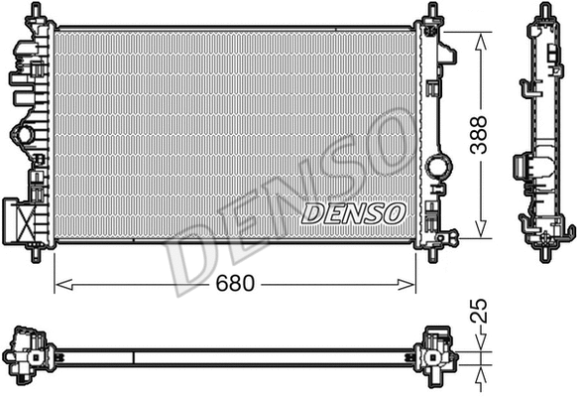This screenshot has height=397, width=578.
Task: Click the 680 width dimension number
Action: [x=233, y=284]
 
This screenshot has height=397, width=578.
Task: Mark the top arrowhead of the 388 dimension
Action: [x=482, y=37]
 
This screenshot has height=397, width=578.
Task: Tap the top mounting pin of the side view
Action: [x=545, y=12]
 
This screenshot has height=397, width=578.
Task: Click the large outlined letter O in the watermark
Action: [x=390, y=149]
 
